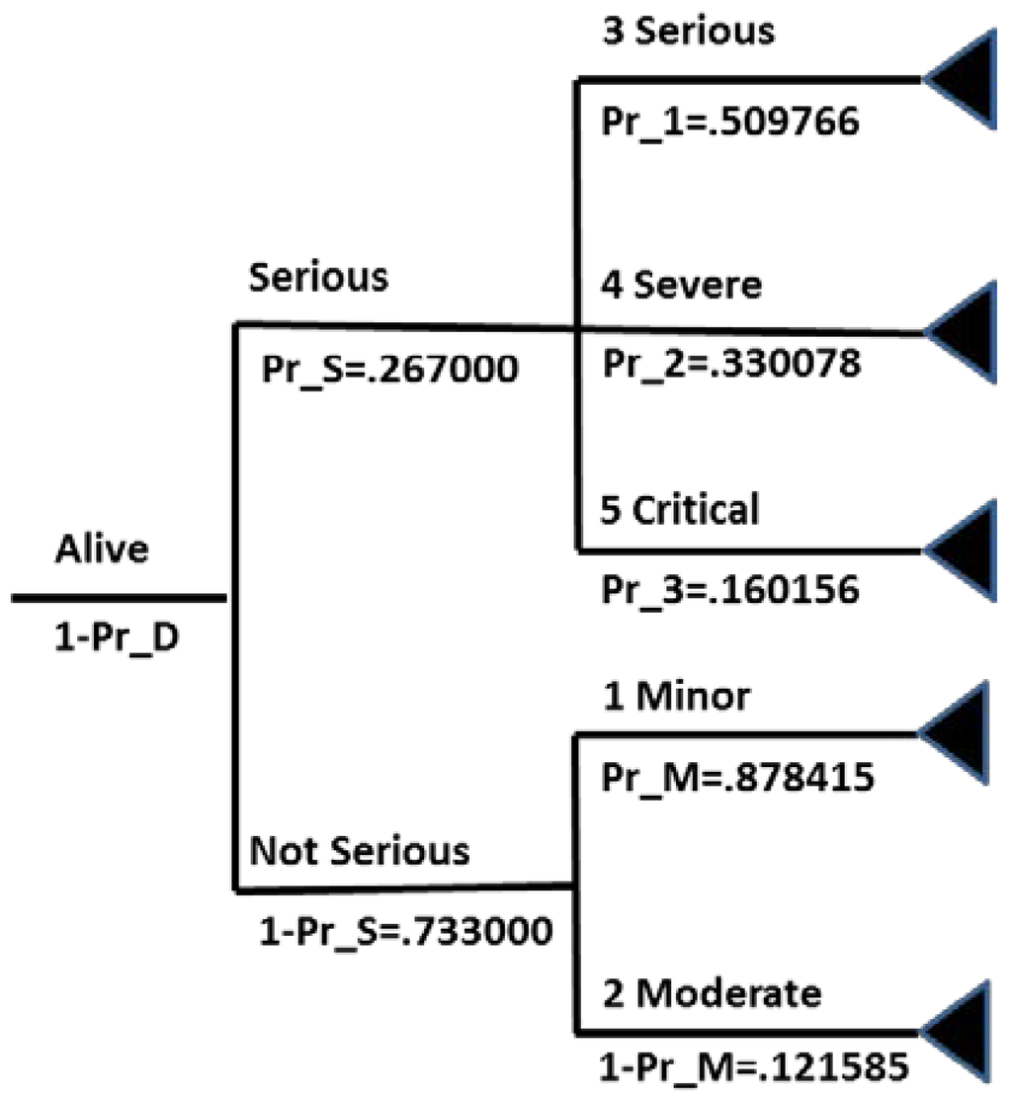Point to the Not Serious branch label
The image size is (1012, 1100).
coord(360,850)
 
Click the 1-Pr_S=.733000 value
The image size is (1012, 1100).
coord(404,931)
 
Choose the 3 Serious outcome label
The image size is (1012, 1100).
coord(689,31)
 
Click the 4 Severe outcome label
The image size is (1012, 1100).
coord(682,285)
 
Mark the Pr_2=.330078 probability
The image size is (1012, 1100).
coord(731,364)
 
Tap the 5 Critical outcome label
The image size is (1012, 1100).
coord(680,510)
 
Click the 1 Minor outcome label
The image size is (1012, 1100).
coord(676,697)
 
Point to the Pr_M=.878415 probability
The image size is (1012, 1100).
coord(737,778)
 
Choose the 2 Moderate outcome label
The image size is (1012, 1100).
coord(711,992)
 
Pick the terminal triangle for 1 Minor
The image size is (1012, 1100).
coord(962,732)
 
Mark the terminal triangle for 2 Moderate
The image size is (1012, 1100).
coord(965,1031)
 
